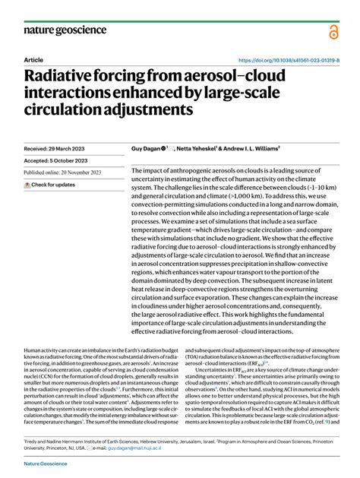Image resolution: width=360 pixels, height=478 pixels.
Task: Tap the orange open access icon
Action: point(333,31)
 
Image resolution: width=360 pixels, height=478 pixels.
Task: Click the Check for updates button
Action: point(50,185)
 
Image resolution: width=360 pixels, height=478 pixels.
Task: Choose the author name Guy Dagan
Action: point(150,150)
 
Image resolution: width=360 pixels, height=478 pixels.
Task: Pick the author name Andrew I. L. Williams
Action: point(261,150)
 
